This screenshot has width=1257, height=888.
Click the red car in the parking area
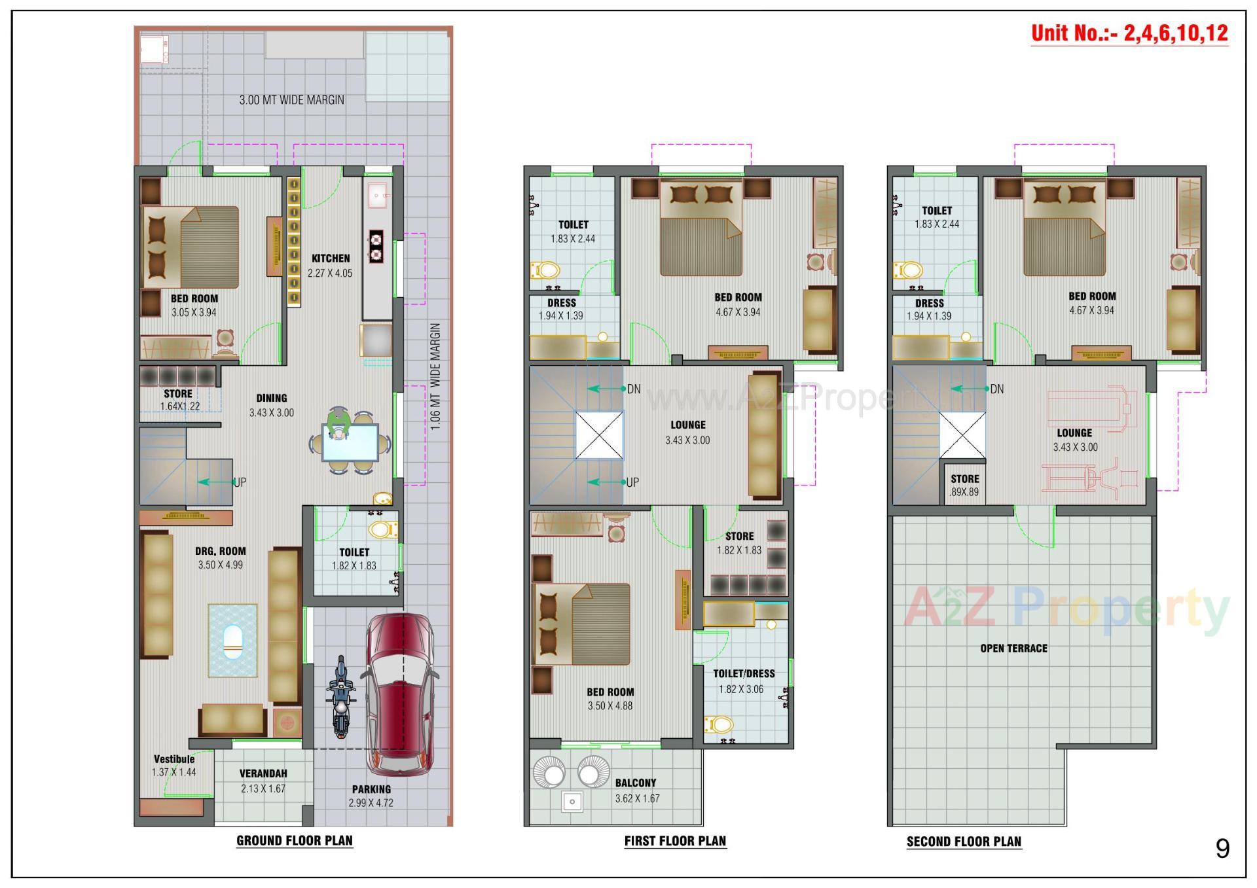(399, 694)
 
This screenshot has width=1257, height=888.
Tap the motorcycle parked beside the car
(340, 697)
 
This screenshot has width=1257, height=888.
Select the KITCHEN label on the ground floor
(331, 258)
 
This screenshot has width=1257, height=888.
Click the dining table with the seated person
(350, 443)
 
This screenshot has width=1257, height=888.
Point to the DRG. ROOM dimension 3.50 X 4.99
(221, 565)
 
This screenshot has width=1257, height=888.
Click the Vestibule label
(174, 759)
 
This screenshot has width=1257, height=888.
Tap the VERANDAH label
(263, 773)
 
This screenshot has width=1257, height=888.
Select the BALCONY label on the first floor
(635, 783)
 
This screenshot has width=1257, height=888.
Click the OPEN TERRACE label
(1013, 648)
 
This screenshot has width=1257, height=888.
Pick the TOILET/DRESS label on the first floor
(744, 673)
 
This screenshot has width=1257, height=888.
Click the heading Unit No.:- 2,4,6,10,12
(1129, 33)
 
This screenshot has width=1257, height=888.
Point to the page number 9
(1222, 849)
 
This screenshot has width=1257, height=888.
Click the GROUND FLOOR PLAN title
(295, 841)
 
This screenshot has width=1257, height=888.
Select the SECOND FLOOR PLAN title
(964, 842)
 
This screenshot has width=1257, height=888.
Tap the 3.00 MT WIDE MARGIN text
(291, 100)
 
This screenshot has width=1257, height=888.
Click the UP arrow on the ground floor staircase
(216, 482)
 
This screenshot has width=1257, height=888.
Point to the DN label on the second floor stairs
(996, 389)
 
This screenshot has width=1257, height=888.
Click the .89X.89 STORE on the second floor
(964, 486)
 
